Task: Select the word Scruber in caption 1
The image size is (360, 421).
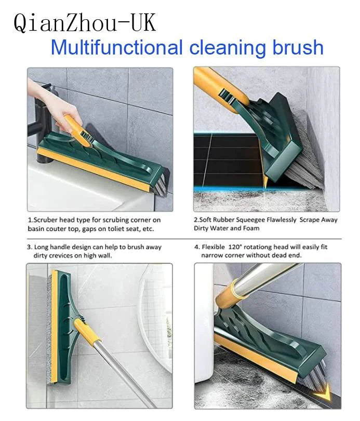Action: [x=46, y=220]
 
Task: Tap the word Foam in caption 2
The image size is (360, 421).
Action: [x=250, y=228]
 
